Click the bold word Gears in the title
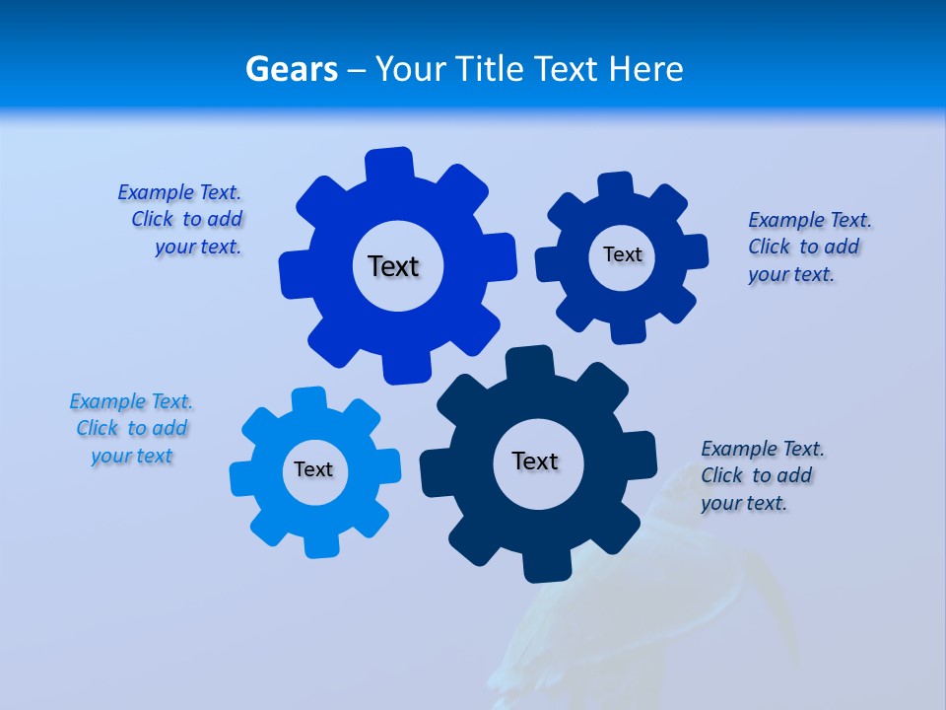291,69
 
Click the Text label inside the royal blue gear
393,266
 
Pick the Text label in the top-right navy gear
622,254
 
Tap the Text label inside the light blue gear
312,469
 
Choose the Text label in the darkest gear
535,461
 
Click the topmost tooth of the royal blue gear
389,164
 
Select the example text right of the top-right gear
809,247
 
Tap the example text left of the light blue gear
131,428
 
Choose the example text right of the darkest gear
762,475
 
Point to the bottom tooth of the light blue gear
319,544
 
